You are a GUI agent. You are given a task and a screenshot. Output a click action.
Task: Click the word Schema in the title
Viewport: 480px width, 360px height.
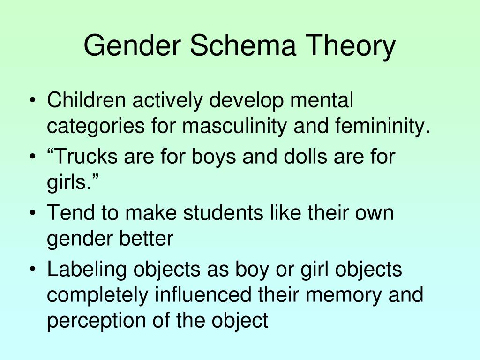[x=243, y=45]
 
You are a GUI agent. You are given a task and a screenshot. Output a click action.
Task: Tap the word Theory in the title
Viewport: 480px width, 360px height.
[x=351, y=46]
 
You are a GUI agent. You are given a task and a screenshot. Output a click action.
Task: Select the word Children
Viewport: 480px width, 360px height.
[x=86, y=100]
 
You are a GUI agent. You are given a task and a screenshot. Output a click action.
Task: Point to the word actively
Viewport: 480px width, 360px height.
[x=167, y=101]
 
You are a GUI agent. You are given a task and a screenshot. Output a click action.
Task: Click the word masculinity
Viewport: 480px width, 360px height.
[x=234, y=127]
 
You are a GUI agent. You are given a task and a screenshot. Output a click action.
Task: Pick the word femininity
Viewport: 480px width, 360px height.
[x=382, y=127]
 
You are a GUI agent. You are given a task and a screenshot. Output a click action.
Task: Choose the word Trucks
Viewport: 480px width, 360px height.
[x=85, y=156]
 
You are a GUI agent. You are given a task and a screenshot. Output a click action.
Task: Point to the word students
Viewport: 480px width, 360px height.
[x=223, y=212]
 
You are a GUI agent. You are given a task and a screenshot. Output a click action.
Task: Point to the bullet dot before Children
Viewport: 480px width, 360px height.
[x=33, y=101]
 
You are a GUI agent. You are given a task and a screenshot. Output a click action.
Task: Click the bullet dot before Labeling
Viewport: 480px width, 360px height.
[x=33, y=270]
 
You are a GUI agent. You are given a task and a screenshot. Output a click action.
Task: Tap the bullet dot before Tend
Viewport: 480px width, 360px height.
[x=33, y=213]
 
